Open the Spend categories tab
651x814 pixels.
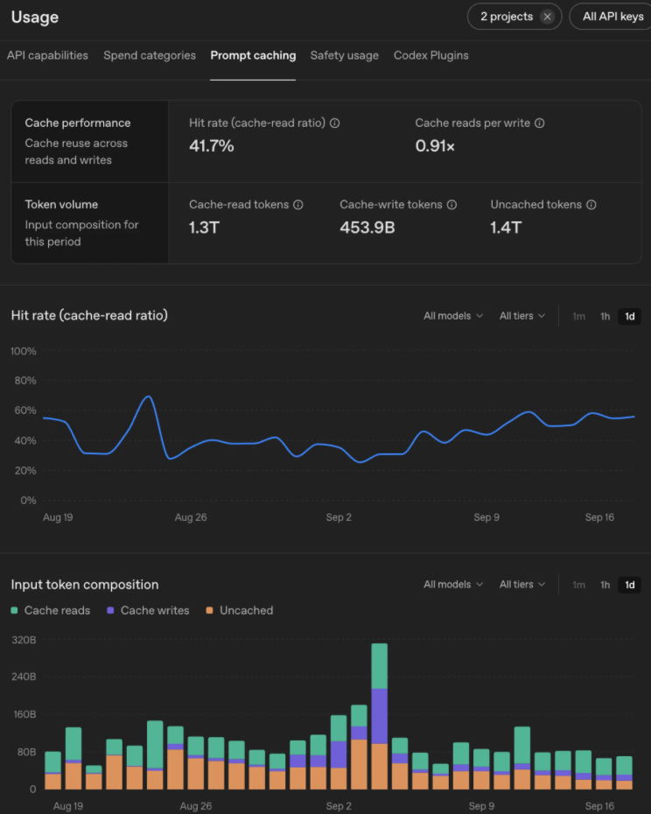point(150,55)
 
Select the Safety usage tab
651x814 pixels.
point(344,55)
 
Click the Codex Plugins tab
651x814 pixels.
point(430,55)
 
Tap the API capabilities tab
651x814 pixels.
point(47,55)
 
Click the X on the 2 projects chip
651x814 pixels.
point(547,17)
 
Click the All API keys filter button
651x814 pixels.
point(612,17)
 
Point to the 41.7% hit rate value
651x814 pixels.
point(211,146)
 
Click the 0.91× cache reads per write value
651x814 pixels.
point(435,146)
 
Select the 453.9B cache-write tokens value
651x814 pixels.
point(367,228)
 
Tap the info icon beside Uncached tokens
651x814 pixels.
point(591,205)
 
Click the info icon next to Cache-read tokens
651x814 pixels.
point(298,205)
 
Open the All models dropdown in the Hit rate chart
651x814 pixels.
point(453,316)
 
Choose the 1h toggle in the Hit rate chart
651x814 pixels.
point(605,316)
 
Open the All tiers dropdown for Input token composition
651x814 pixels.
point(522,585)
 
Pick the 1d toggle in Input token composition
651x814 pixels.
point(630,585)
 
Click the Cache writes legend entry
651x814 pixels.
point(148,611)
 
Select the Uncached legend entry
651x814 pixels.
point(240,611)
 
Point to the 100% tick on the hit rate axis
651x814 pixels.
point(24,352)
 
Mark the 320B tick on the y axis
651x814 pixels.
point(24,640)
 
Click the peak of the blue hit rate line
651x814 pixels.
point(149,396)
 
